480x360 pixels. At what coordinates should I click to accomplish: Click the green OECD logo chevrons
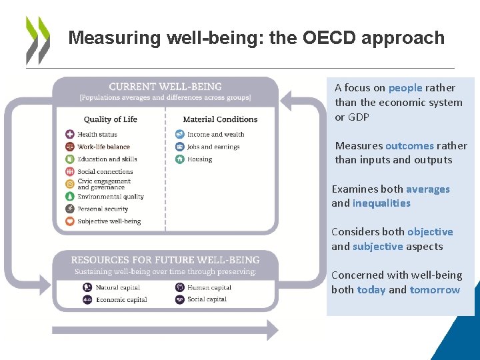pos(37,40)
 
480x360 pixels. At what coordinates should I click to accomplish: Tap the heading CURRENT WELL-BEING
pos(165,87)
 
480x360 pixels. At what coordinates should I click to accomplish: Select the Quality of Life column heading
pos(111,119)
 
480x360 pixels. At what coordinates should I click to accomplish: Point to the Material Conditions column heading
pos(220,119)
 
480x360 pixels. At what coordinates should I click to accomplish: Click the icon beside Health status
pos(69,135)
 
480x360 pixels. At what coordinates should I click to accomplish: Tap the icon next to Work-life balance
pos(69,147)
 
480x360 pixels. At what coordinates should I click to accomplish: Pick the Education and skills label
pos(107,159)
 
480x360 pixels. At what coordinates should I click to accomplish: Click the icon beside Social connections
pos(69,171)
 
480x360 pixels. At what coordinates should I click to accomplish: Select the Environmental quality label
pos(111,197)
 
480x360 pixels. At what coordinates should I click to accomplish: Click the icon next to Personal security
pos(69,209)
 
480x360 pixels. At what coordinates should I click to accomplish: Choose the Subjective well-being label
pos(109,221)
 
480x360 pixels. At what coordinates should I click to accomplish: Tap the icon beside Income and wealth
pos(179,135)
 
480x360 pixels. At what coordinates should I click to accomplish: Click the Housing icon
pos(179,159)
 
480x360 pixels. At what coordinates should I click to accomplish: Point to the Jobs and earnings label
pos(213,147)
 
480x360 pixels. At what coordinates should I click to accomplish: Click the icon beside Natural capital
pos(87,287)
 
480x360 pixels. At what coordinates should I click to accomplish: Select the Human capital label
pos(209,287)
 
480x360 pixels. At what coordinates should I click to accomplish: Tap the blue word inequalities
pos(381,203)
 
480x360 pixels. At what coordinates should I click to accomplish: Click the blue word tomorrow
pos(435,290)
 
